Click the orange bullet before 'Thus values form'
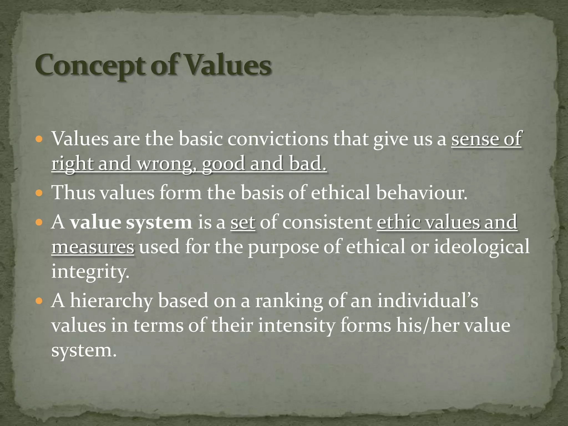coord(39,192)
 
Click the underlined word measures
coord(93,247)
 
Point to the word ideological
coord(481,247)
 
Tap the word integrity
coord(90,272)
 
